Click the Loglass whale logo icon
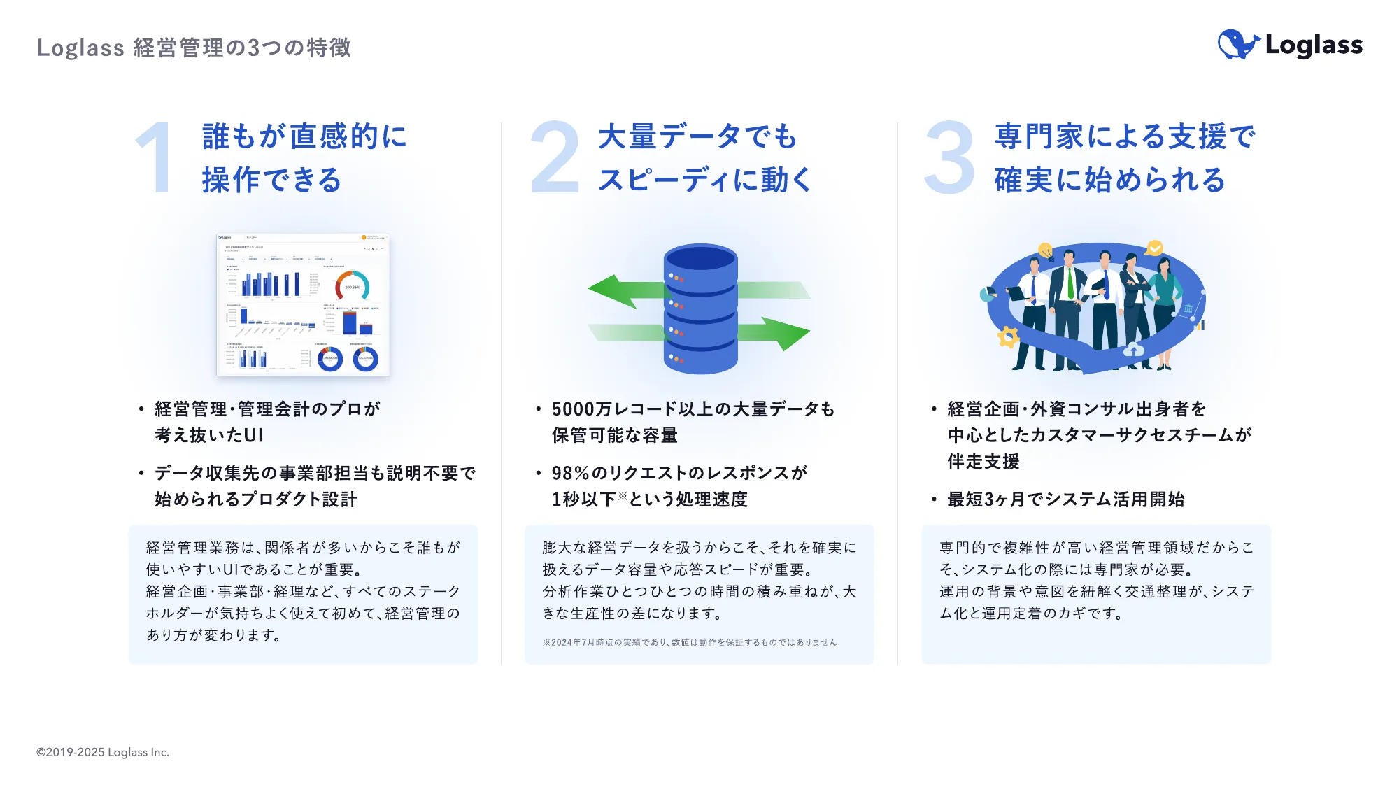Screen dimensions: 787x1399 tap(1237, 45)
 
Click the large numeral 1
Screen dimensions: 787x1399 tap(156, 157)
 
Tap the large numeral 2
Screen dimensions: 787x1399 tap(555, 157)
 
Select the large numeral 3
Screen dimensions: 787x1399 tap(949, 157)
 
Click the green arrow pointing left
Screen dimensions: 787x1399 tap(619, 290)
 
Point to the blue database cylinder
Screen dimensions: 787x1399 tap(700, 309)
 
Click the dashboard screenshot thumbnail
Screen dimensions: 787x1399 tap(303, 305)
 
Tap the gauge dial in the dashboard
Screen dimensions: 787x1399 tap(352, 285)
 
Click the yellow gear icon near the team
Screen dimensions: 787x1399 tap(1008, 337)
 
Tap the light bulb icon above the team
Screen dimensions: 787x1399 tap(1045, 250)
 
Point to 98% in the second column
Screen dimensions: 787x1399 tap(570, 474)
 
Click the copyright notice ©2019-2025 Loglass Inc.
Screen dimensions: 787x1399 tap(103, 752)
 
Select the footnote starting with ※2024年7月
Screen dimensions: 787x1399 tap(689, 642)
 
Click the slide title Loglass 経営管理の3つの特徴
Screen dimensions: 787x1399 tap(194, 48)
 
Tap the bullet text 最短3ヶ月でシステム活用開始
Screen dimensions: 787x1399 tap(1065, 499)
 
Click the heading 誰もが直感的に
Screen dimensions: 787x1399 tap(304, 136)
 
